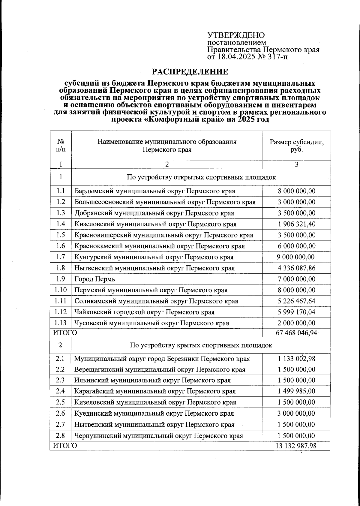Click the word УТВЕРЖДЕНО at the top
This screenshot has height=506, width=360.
tap(236, 35)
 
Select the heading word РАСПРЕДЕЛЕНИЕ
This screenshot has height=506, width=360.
tap(190, 72)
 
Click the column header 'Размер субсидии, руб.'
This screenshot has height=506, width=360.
tap(297, 146)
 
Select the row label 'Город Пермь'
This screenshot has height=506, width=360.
tap(95, 279)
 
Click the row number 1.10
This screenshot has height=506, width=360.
tap(61, 290)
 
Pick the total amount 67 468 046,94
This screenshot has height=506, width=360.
tap(296, 333)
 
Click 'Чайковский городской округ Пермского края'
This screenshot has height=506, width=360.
tap(144, 312)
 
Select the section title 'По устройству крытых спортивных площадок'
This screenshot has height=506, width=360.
tap(201, 345)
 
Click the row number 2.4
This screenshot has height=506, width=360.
tap(60, 391)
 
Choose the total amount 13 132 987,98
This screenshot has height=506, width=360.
tap(296, 446)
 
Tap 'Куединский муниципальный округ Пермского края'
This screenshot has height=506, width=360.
tap(154, 414)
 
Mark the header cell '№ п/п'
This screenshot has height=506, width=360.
tap(61, 146)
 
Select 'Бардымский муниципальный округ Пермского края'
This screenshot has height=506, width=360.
tap(155, 191)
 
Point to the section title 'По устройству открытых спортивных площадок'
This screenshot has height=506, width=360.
tap(201, 177)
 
